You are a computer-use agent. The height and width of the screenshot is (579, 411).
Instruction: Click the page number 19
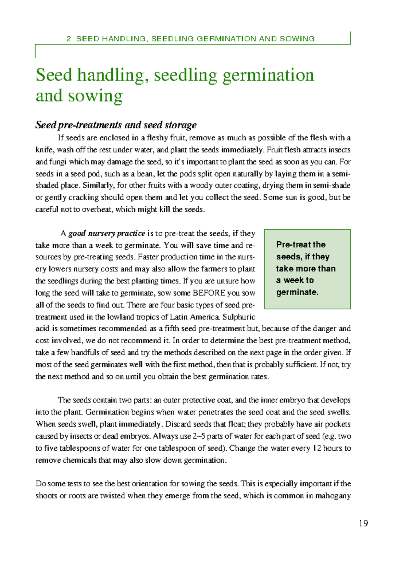pyautogui.click(x=363, y=523)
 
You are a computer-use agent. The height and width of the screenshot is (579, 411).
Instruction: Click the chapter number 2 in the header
pyautogui.click(x=69, y=39)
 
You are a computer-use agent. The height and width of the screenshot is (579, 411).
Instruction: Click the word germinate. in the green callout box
pyautogui.click(x=297, y=292)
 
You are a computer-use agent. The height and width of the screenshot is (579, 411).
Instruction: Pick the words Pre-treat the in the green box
pyautogui.click(x=301, y=245)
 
